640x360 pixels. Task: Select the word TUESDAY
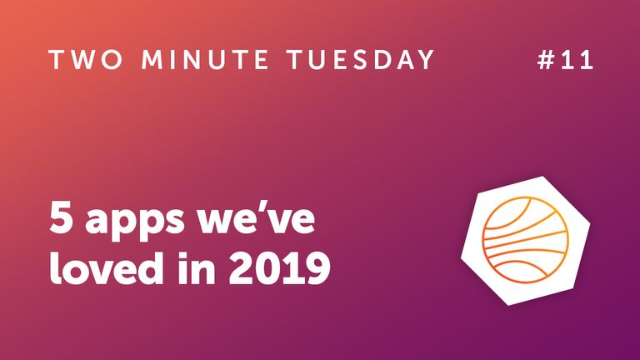coord(370,61)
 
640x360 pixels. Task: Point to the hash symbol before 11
coord(546,61)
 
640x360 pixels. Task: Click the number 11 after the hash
coord(581,61)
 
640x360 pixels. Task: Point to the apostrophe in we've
coord(277,208)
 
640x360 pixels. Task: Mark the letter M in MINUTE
coord(156,61)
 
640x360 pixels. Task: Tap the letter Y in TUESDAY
coord(426,61)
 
